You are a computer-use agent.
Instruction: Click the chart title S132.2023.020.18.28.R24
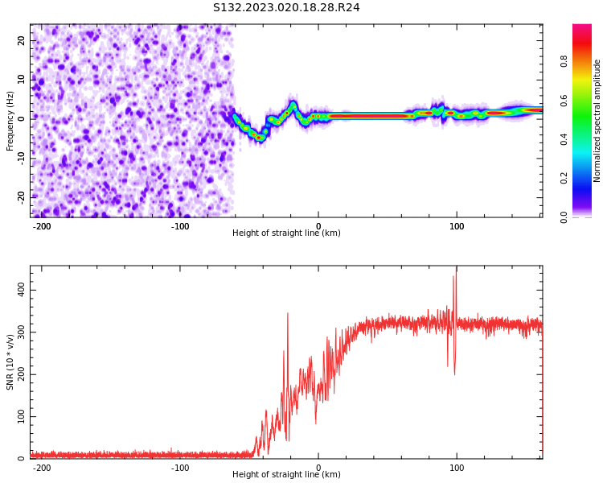(286, 7)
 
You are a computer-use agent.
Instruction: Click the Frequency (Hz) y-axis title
(10, 121)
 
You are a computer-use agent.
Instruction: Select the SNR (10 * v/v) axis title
(10, 363)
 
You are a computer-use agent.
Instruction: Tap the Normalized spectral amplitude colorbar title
(597, 121)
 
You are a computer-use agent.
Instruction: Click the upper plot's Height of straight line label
(286, 233)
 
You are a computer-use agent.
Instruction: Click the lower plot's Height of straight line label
(286, 474)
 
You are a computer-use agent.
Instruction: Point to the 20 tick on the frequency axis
(22, 40)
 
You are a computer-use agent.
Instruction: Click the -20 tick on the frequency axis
(20, 196)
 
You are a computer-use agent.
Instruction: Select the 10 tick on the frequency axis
(22, 79)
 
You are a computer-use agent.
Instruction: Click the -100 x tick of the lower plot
(180, 468)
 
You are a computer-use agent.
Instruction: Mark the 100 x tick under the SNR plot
(457, 468)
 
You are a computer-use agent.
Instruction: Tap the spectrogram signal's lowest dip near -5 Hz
(258, 138)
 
